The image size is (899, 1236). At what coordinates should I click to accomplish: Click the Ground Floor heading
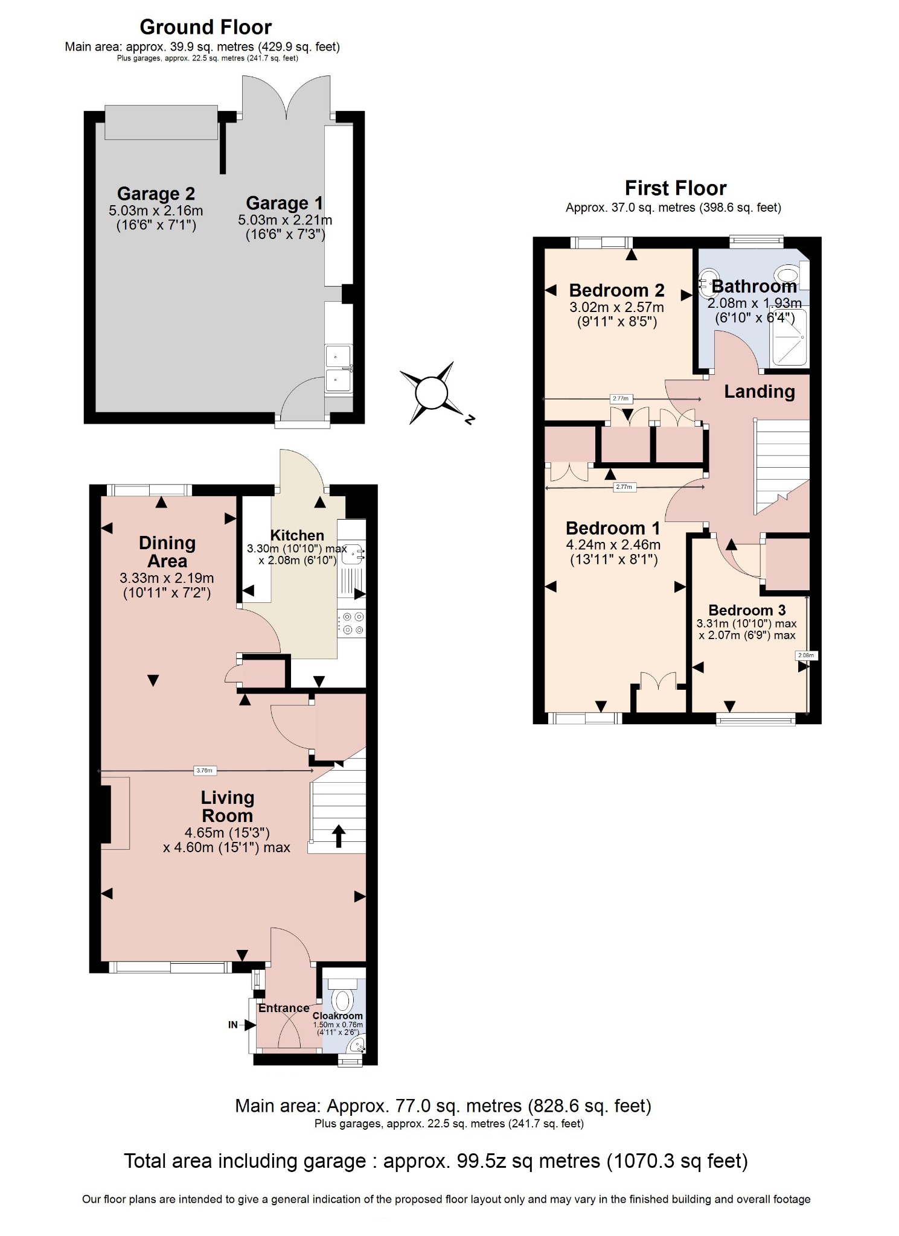205,27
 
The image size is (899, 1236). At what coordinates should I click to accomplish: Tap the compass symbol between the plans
432,393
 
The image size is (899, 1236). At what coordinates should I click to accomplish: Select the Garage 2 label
156,194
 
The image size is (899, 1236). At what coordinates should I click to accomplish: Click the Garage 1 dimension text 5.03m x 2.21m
284,220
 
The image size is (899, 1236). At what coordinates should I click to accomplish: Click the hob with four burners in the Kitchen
352,623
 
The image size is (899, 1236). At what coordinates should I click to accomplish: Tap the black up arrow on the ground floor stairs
339,836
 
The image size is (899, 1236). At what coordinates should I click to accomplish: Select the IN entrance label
233,1024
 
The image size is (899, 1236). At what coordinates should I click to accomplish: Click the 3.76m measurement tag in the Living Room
205,770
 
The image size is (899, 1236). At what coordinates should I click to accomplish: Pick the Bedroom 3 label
747,610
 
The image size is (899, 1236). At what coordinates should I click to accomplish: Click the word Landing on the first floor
760,392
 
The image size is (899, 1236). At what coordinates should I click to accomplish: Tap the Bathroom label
754,286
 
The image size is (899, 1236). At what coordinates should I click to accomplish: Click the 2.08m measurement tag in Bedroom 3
806,655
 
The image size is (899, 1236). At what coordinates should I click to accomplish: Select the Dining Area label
167,552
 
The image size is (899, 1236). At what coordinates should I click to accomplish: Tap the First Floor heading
675,188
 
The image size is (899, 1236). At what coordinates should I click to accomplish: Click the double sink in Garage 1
338,368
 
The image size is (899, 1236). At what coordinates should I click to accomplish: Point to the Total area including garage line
436,1161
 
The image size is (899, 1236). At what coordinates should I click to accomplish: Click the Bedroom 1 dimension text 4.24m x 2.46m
613,545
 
